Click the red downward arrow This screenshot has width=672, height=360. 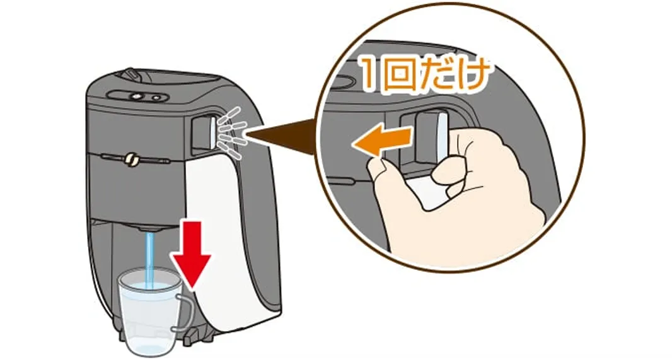[192, 253]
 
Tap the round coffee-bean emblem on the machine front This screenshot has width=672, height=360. [133, 161]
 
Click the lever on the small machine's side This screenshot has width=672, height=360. [211, 131]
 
